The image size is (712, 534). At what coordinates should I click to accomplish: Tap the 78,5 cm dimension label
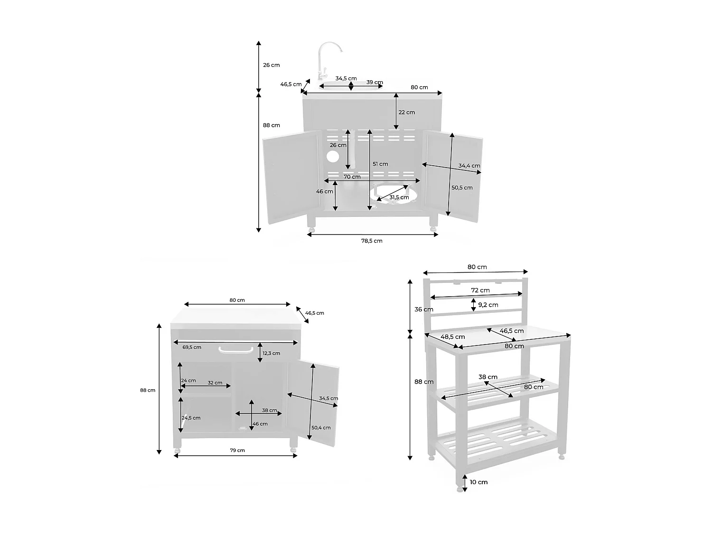click(x=372, y=241)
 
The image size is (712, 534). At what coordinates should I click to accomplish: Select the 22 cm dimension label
click(x=406, y=112)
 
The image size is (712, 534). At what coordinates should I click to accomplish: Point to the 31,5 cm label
click(x=399, y=197)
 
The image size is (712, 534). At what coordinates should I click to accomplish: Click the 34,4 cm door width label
click(x=469, y=166)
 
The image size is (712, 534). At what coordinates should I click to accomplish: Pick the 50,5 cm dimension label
click(x=462, y=187)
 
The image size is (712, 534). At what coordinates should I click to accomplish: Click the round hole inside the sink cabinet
click(x=333, y=156)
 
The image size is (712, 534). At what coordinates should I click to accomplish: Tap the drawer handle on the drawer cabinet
click(x=234, y=350)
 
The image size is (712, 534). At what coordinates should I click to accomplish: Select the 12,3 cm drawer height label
click(x=272, y=353)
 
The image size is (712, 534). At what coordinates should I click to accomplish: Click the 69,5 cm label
click(x=192, y=347)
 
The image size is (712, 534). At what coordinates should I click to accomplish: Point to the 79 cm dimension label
click(x=237, y=450)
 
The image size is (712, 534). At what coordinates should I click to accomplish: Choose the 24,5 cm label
click(x=191, y=418)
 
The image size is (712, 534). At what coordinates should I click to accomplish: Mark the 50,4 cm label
click(x=321, y=428)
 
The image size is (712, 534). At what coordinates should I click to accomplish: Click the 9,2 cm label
click(x=488, y=305)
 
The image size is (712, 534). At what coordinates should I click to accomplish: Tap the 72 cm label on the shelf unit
click(x=480, y=290)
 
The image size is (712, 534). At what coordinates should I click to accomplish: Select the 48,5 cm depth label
click(x=452, y=337)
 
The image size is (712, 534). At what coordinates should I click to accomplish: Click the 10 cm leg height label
click(x=478, y=482)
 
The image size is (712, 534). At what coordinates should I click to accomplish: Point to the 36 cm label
click(x=423, y=309)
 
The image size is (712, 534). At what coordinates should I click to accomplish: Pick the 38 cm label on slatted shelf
click(x=488, y=377)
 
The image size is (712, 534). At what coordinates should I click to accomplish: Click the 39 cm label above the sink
click(x=375, y=82)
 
